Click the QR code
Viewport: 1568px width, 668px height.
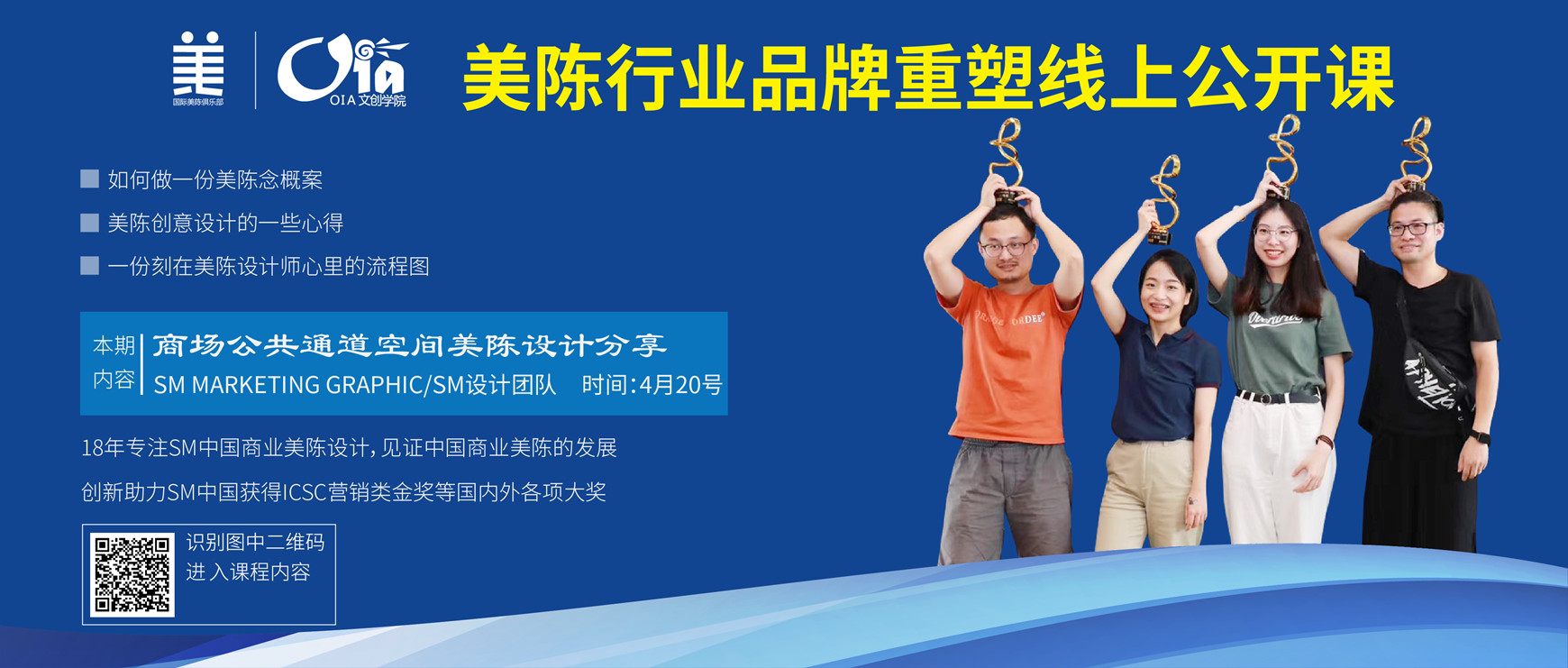click(132, 574)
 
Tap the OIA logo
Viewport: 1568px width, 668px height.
click(342, 70)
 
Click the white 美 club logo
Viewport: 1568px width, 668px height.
click(198, 69)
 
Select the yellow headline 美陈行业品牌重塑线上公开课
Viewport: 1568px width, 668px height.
click(928, 80)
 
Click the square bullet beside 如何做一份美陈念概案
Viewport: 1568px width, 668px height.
click(89, 178)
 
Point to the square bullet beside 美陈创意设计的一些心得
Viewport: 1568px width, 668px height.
click(89, 223)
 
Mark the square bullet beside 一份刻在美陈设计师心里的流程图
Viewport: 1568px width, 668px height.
click(89, 265)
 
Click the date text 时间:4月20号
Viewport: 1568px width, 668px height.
click(652, 385)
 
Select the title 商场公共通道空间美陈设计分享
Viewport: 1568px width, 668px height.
click(409, 345)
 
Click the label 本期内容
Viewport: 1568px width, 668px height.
click(114, 362)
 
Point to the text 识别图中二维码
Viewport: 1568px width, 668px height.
click(255, 542)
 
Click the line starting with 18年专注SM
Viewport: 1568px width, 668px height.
click(349, 448)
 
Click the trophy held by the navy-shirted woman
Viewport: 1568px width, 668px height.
click(1163, 200)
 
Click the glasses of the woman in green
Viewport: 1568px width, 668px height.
click(1275, 233)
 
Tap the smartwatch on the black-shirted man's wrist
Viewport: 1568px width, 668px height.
click(1480, 437)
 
